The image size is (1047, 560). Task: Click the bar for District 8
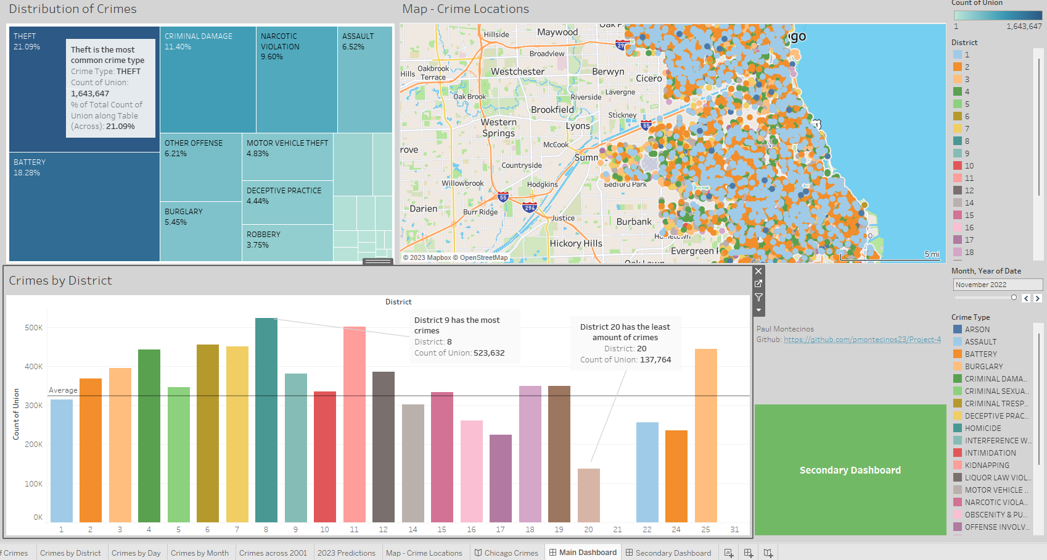(x=266, y=420)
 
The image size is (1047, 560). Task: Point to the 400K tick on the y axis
(x=34, y=367)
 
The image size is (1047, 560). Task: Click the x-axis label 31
(x=734, y=530)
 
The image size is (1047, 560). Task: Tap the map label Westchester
(x=517, y=72)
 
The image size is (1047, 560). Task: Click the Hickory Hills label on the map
(x=575, y=243)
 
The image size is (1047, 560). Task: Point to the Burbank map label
(x=634, y=222)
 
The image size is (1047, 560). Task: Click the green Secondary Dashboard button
(x=850, y=470)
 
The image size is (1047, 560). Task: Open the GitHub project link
(x=862, y=340)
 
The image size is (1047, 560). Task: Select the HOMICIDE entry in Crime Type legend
(x=982, y=428)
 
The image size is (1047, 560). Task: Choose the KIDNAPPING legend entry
(x=987, y=466)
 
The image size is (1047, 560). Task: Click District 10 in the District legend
(x=969, y=166)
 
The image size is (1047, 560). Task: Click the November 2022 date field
(x=997, y=285)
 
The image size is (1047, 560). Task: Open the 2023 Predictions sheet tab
(x=346, y=553)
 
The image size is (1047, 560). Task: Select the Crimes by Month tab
(x=199, y=553)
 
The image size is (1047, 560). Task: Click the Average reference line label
(x=63, y=390)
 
